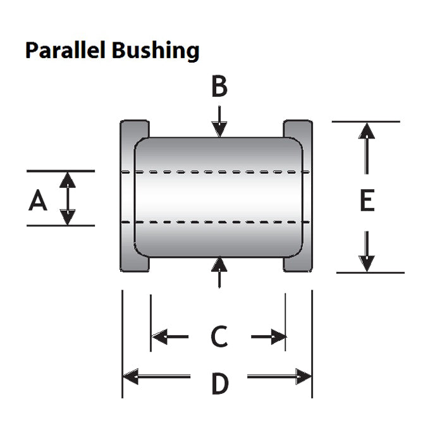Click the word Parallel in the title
(x=66, y=50)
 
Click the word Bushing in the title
(x=156, y=51)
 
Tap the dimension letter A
(x=38, y=200)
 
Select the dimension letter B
(x=219, y=87)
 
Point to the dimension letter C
(x=219, y=336)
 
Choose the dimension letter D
(x=220, y=383)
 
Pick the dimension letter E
(x=367, y=200)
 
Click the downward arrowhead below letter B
(x=219, y=129)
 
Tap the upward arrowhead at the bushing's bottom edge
(x=219, y=264)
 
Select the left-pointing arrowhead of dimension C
(x=159, y=336)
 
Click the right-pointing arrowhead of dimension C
(x=279, y=336)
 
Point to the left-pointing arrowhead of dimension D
(x=130, y=376)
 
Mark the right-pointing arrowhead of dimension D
(x=304, y=376)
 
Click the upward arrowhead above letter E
(x=367, y=131)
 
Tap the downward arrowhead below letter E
(x=367, y=263)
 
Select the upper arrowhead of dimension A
(x=68, y=180)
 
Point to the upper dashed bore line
(x=216, y=172)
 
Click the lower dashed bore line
(x=216, y=222)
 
